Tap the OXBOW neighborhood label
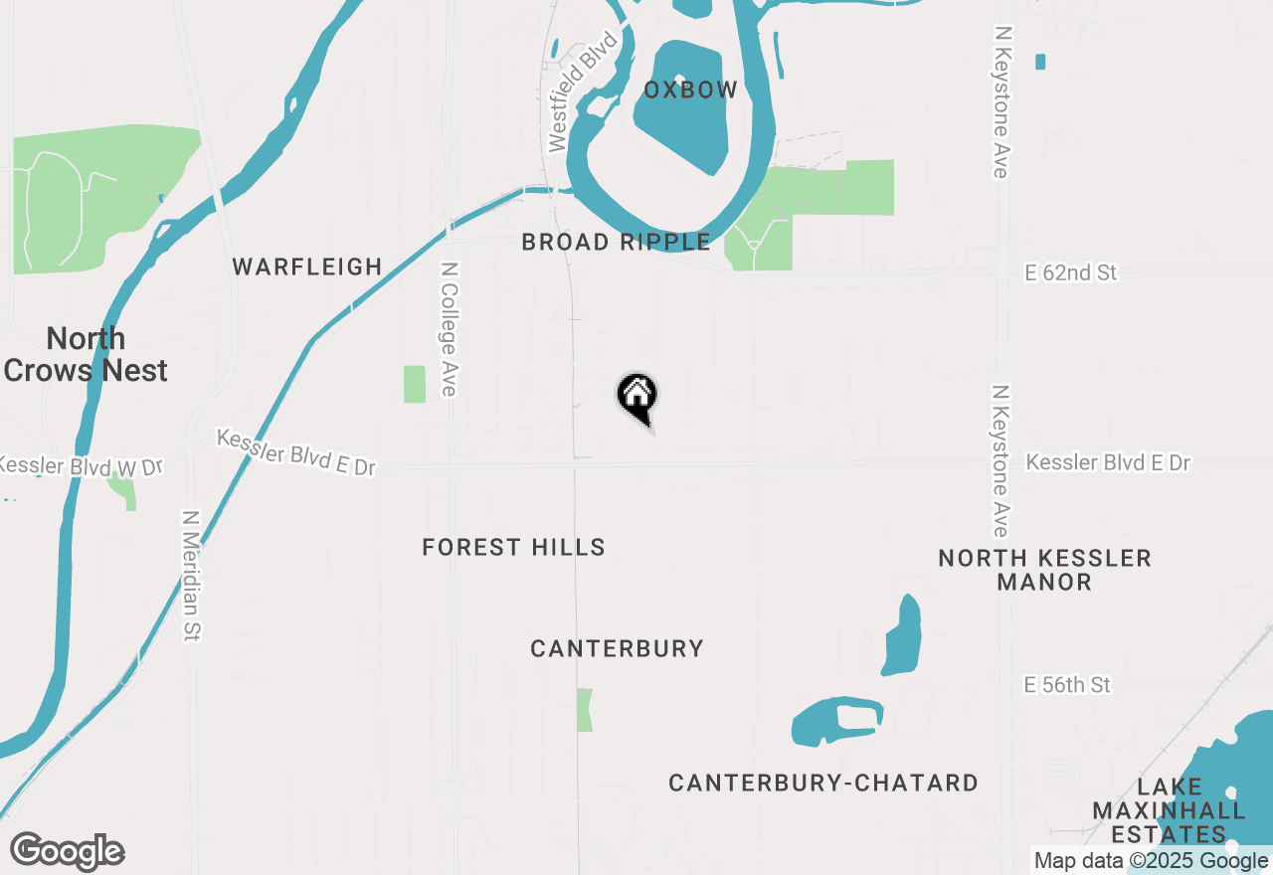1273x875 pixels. pos(690,90)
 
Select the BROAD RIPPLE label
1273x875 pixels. pos(616,242)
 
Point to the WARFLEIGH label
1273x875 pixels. pos(307,266)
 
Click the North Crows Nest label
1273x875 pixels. pos(86,354)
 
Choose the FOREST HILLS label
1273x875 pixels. pos(513,547)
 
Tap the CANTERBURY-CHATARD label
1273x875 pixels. pos(823,784)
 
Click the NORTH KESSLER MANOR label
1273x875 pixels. pos(1044,570)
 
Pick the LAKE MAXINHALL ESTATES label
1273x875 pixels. pos(1169,810)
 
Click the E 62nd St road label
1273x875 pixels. pos(1071,272)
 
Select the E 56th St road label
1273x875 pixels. pos(1067,685)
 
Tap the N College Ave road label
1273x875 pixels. pos(449,329)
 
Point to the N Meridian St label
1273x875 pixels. pos(192,576)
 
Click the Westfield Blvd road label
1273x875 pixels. pos(584,91)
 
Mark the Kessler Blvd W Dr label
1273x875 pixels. pos(80,465)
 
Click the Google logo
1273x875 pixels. pos(67,852)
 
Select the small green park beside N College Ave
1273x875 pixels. pos(415,384)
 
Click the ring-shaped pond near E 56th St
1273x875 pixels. pos(837,720)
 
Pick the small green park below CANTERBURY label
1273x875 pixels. pos(585,710)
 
